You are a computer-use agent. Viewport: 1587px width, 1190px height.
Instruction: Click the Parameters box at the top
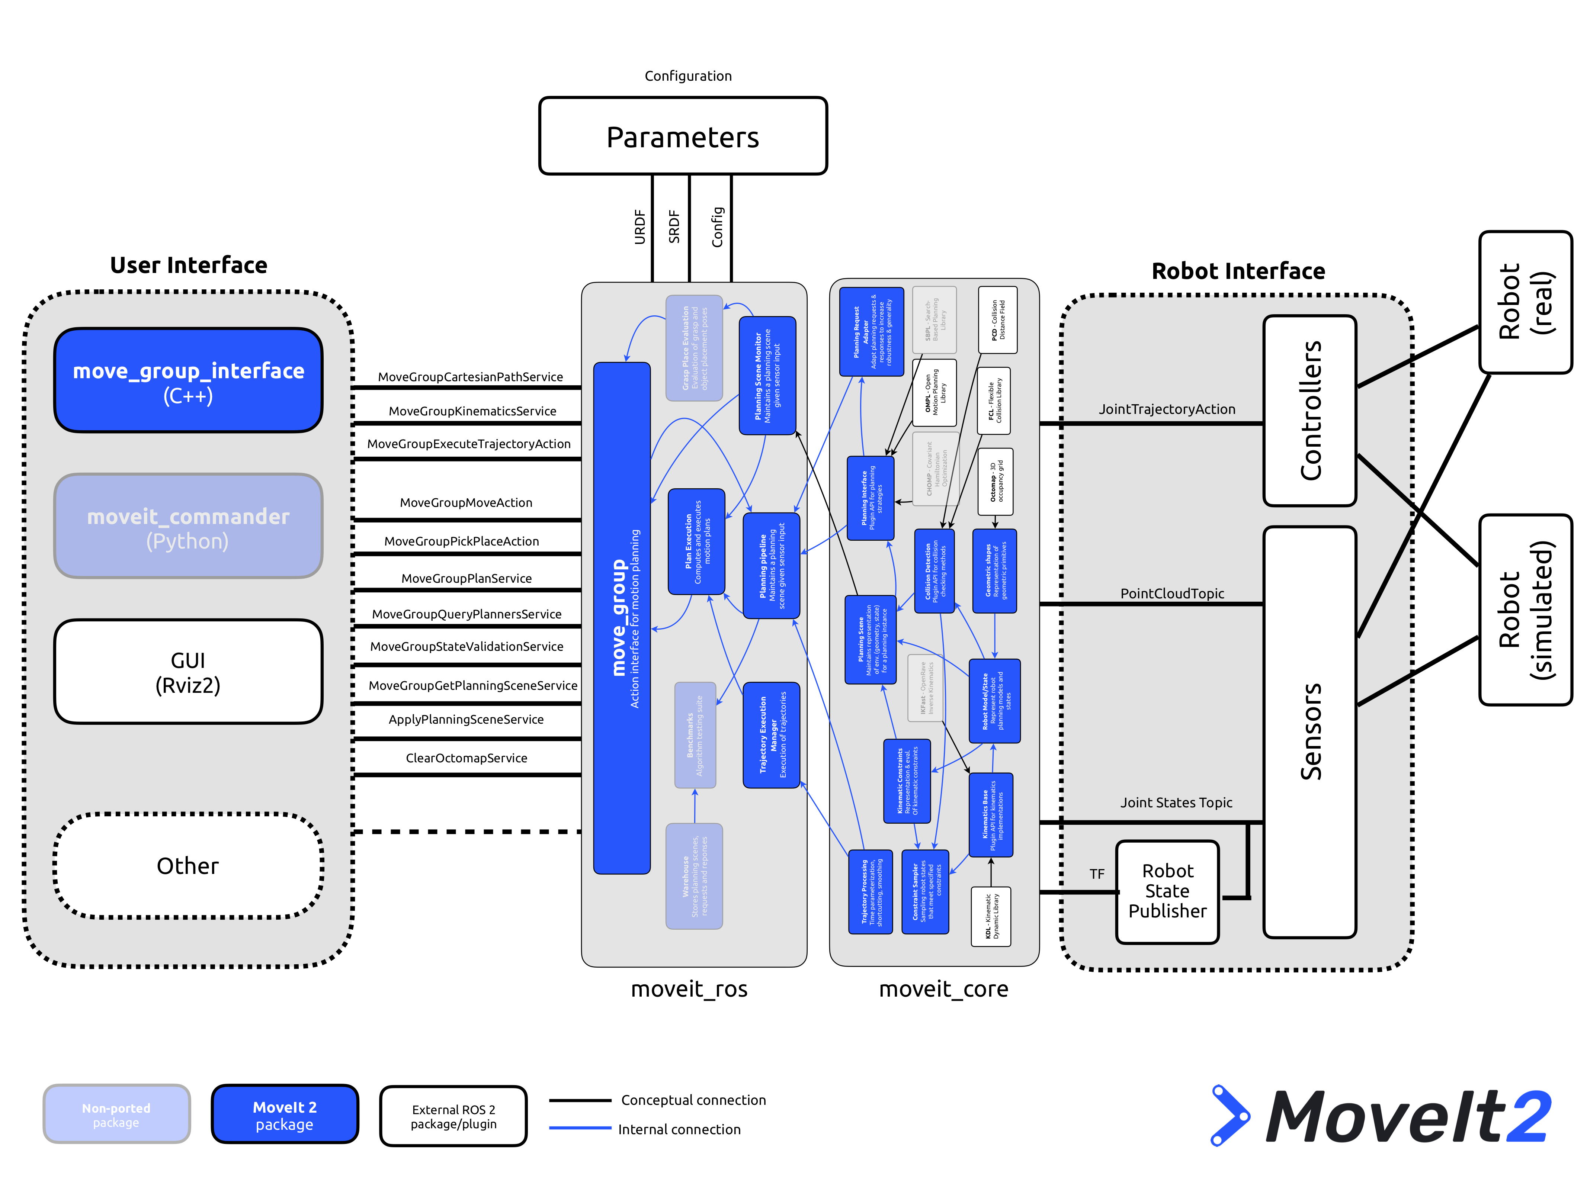point(682,136)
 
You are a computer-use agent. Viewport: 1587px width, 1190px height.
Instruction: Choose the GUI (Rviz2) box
point(188,672)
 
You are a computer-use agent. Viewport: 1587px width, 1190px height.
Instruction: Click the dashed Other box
point(188,866)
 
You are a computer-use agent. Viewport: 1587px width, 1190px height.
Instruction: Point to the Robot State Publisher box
point(1167,892)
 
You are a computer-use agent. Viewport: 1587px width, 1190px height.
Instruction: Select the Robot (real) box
point(1525,302)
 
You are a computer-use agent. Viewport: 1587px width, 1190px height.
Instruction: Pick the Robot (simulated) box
point(1525,610)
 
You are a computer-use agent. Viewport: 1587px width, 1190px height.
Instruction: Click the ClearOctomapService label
point(467,758)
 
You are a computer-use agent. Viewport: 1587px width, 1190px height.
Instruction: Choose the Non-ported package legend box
point(116,1115)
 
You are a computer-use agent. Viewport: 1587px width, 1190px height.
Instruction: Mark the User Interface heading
point(189,266)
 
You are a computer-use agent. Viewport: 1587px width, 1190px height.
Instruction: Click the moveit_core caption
point(943,989)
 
